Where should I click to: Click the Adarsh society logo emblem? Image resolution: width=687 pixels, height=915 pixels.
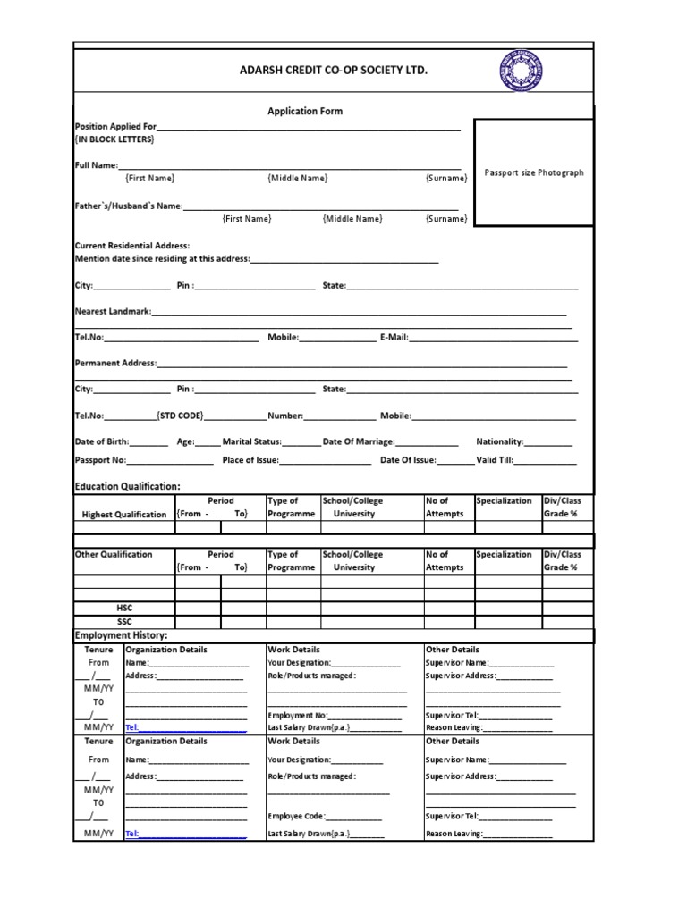(522, 71)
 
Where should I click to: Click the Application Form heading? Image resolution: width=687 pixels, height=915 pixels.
(305, 112)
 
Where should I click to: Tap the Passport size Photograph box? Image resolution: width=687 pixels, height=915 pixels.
(533, 172)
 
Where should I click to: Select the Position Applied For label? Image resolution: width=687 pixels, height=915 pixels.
(115, 127)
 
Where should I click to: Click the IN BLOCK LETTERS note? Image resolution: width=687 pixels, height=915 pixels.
(114, 140)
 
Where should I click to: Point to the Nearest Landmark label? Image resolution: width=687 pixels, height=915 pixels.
(113, 312)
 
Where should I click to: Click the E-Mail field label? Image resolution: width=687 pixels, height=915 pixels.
(394, 338)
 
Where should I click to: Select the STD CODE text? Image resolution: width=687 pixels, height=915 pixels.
(180, 416)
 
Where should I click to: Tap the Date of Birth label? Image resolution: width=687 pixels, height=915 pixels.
(102, 441)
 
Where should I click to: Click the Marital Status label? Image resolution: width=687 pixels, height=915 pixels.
(252, 441)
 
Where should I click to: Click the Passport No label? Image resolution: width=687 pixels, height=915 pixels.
(100, 460)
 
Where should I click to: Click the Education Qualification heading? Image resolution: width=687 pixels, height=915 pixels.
(127, 486)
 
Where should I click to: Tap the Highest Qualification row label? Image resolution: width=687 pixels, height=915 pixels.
(124, 515)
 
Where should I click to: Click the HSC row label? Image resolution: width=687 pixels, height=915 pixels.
(124, 608)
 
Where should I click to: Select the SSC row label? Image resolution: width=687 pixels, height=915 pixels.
(124, 621)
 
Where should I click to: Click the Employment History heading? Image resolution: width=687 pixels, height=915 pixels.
(121, 635)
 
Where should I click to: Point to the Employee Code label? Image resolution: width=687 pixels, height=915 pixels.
(296, 817)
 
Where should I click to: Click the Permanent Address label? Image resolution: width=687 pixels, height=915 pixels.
(115, 364)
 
